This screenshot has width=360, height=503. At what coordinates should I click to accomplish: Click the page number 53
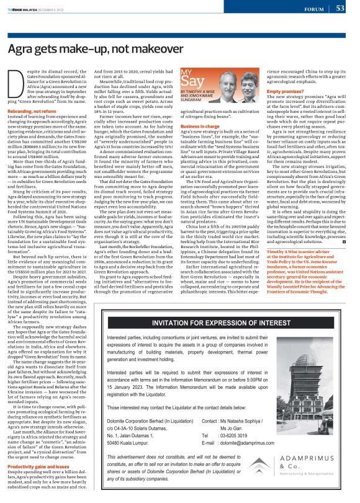tap(340, 8)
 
